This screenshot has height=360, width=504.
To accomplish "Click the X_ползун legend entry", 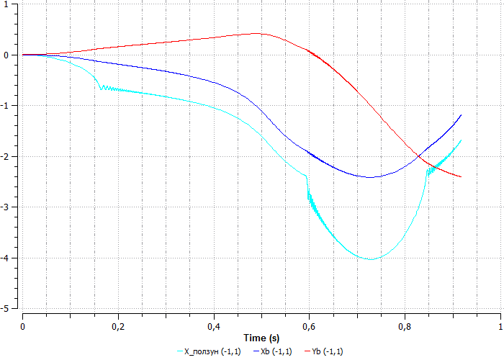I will [212, 351].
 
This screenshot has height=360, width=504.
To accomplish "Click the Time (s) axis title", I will [261, 338].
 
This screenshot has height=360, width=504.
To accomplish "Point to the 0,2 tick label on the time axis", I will [118, 326].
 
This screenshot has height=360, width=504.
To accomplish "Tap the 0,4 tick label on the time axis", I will [214, 326].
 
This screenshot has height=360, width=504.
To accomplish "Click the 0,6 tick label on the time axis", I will [309, 326].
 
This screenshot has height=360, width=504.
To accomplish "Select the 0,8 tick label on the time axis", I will [405, 326].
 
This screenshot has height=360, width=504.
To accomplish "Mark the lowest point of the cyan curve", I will [371, 259].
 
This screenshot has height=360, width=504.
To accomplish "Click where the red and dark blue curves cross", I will [418, 156].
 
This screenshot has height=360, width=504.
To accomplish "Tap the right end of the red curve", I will [460, 177].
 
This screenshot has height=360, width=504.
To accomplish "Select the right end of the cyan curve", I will [460, 140].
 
